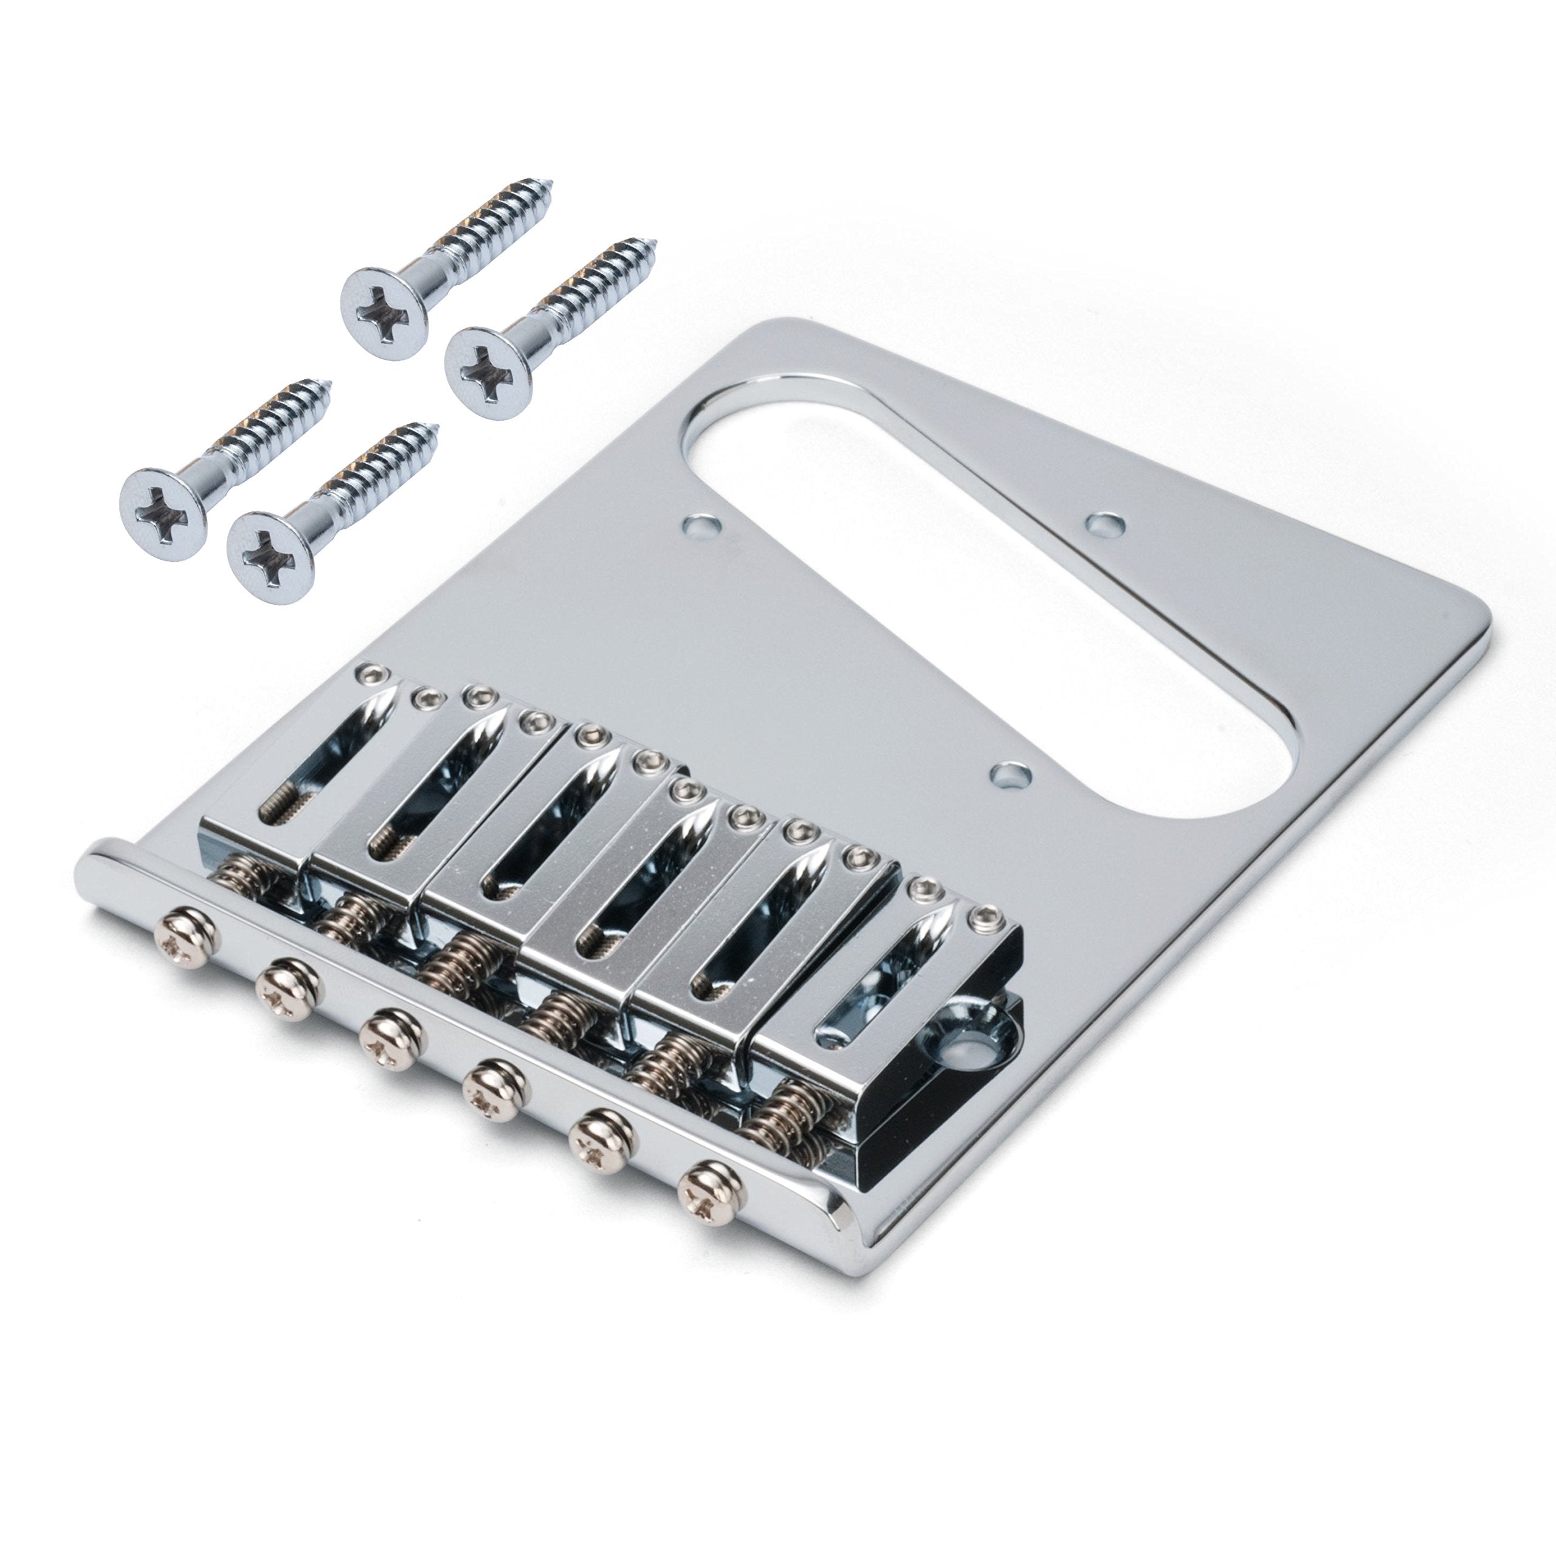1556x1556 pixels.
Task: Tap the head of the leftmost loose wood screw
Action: point(164,506)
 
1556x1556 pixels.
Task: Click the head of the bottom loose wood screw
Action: point(272,547)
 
